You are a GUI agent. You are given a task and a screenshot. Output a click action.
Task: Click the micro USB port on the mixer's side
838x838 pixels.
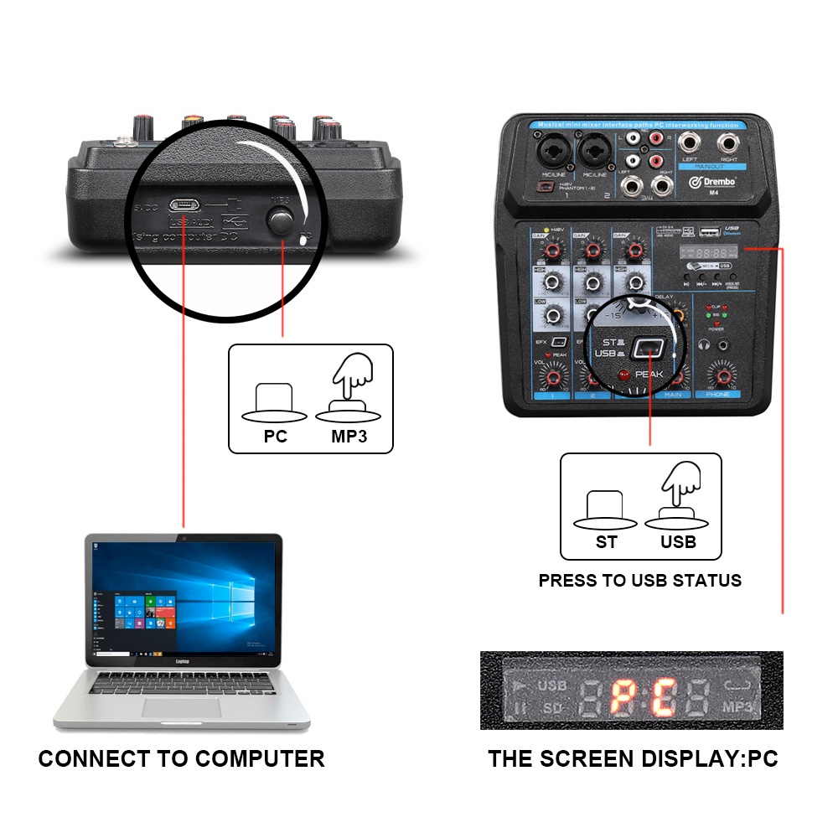(x=183, y=204)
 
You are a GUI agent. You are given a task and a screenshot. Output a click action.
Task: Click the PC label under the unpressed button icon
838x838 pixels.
(x=275, y=437)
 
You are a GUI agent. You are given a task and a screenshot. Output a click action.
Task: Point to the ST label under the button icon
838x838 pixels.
(x=607, y=542)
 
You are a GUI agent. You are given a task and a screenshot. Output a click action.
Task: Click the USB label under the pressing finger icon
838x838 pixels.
(x=678, y=542)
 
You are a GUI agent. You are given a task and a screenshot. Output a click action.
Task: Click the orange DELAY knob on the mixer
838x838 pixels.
(x=675, y=313)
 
